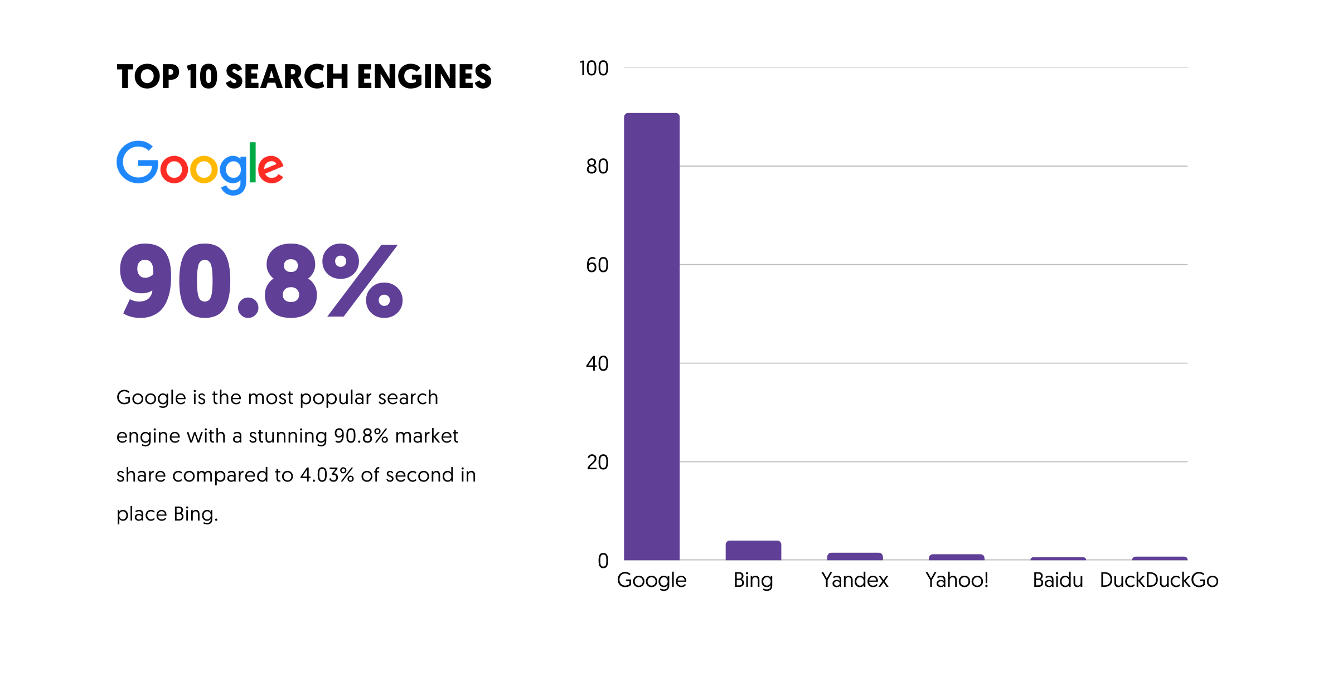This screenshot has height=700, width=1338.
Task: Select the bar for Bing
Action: (x=753, y=550)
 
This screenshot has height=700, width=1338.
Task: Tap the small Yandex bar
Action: (x=855, y=556)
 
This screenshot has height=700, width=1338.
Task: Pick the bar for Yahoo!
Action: (x=956, y=557)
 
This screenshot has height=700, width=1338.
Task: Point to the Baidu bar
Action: (x=1058, y=558)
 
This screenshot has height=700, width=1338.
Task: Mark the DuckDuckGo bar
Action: (x=1160, y=558)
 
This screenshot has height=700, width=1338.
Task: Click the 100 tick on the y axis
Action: (x=594, y=69)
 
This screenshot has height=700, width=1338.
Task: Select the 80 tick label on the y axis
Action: (x=597, y=167)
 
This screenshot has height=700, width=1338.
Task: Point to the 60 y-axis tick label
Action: (x=597, y=265)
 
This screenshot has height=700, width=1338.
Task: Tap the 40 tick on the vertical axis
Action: (x=597, y=364)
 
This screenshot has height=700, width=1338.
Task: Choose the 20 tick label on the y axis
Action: (x=597, y=463)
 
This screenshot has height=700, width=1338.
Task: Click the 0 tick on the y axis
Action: (x=603, y=561)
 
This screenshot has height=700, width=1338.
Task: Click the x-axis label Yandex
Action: (x=855, y=580)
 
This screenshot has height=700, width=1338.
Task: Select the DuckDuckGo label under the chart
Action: (x=1159, y=580)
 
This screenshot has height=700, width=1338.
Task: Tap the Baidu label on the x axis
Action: (x=1058, y=580)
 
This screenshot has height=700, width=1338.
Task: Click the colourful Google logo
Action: (x=200, y=167)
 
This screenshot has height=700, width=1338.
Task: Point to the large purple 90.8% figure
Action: (x=260, y=281)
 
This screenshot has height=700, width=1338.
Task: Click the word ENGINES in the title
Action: (x=424, y=76)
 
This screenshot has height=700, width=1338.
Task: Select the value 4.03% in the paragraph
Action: (x=327, y=475)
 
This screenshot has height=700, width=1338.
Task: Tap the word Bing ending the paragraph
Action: (x=195, y=514)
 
